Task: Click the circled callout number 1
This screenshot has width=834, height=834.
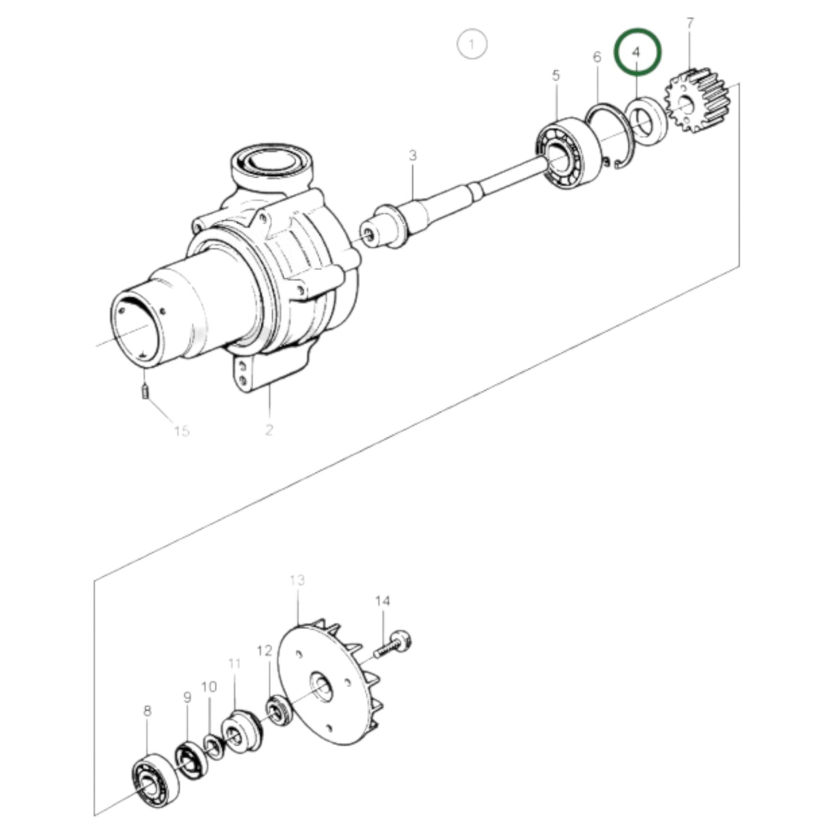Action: [x=472, y=44]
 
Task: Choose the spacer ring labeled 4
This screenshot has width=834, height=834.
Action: [x=648, y=122]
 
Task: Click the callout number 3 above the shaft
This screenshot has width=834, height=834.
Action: [x=413, y=155]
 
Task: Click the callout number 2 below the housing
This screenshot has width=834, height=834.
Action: [x=269, y=429]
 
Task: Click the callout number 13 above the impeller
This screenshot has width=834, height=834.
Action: [x=297, y=580]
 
